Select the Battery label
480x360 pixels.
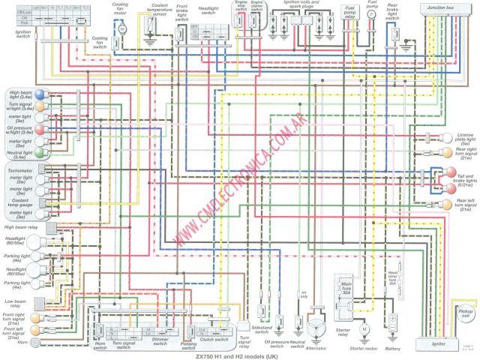[x=391, y=349]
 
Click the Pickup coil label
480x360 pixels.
[x=466, y=313]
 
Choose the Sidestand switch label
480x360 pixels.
[x=261, y=328]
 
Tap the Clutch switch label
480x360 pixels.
[x=215, y=339]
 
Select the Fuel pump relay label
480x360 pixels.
[x=349, y=10]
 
